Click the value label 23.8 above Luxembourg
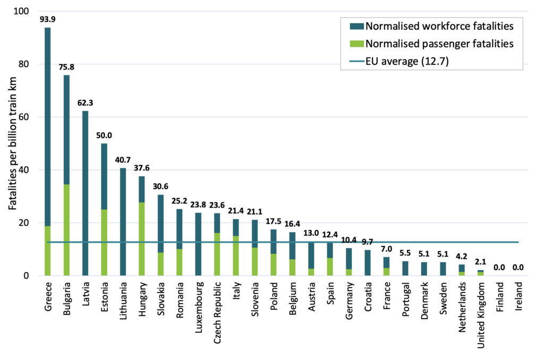[x=198, y=206]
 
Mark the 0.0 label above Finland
[x=499, y=268]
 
